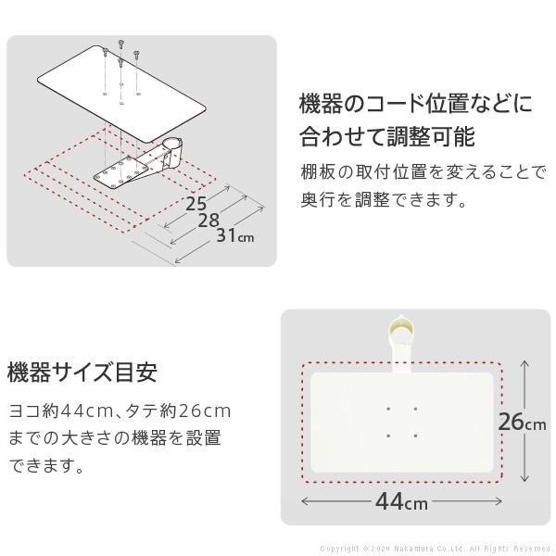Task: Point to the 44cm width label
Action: [x=400, y=503]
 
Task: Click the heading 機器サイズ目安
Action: [x=82, y=373]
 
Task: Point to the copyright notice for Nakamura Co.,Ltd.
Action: [x=436, y=549]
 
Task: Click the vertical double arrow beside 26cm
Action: [x=525, y=423]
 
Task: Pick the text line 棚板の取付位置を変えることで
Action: [x=423, y=171]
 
